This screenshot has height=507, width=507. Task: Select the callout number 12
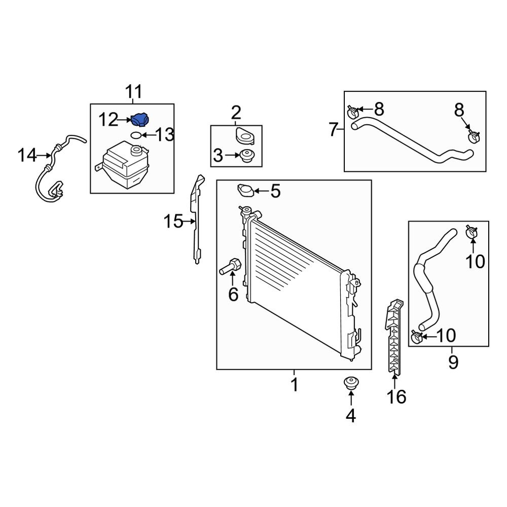click(x=108, y=120)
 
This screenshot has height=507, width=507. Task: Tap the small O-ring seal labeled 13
click(x=136, y=135)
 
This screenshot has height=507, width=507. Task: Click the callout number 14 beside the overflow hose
click(x=27, y=155)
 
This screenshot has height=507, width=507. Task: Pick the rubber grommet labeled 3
click(x=248, y=156)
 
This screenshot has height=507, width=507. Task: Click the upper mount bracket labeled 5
click(x=246, y=191)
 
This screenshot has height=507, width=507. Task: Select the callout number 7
click(x=333, y=130)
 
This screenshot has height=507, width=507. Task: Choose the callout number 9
click(x=453, y=361)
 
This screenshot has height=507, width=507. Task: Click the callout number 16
click(x=396, y=396)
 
